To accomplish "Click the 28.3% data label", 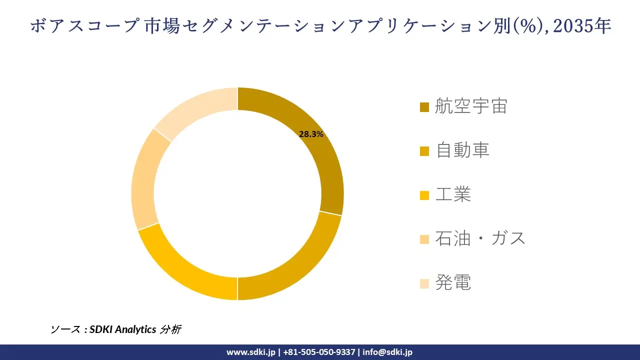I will click(311, 134).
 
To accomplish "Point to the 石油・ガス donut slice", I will click(144, 180).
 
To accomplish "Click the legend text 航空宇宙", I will click(471, 106).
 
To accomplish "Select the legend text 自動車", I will click(462, 150).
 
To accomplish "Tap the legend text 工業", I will click(453, 194).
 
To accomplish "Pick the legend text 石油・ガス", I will click(480, 238).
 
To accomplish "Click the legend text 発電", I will click(453, 283).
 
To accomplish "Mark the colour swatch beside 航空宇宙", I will click(424, 107).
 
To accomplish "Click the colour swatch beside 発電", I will click(424, 283).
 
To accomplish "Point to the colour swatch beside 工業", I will click(424, 195).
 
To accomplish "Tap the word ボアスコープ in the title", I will click(83, 26).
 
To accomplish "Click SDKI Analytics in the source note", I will click(123, 329).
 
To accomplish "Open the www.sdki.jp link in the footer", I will click(251, 352).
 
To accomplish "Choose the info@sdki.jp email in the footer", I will click(387, 352).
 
